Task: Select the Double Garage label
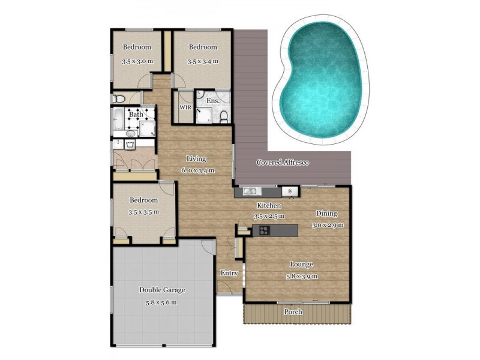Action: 162,290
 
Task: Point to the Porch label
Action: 293,312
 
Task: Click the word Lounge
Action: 302,264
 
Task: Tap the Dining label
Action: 327,214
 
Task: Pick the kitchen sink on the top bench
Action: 251,191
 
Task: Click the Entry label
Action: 229,273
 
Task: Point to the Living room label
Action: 196,159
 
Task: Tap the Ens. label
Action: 213,101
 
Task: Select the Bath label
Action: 136,114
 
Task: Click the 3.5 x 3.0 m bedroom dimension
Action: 137,61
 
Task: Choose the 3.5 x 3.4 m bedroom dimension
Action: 202,61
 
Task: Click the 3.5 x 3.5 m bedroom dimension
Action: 143,212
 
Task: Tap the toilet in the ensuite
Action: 224,115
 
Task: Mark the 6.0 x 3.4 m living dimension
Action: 197,170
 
